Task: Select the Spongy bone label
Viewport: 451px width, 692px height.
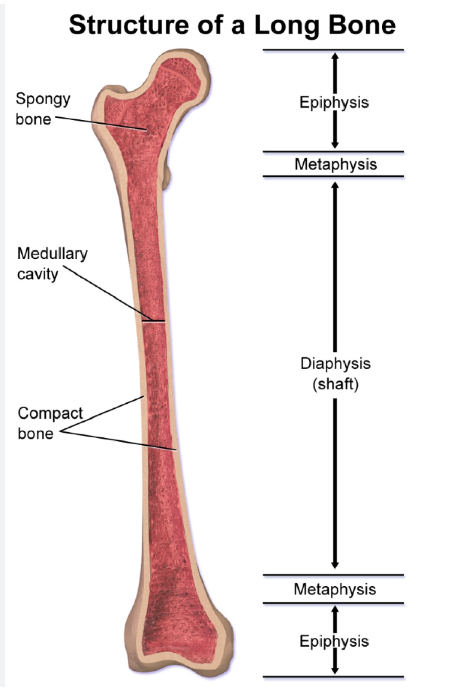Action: [x=43, y=109]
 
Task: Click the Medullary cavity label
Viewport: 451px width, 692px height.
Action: [x=52, y=264]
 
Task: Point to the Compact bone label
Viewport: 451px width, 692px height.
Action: [x=50, y=423]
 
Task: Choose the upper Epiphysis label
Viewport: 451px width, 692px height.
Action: [x=334, y=102]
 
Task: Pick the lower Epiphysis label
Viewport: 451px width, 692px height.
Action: [x=334, y=641]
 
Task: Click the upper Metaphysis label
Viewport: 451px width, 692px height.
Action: [x=335, y=164]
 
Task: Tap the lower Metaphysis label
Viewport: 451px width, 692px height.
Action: [x=335, y=589]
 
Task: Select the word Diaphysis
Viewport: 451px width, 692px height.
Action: [x=335, y=364]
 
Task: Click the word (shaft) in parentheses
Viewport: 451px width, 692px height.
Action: [x=335, y=384]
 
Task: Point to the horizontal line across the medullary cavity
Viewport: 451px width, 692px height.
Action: [x=153, y=321]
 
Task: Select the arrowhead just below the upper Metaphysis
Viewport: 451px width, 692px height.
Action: [x=335, y=185]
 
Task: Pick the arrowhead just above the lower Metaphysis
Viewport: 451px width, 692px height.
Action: [x=335, y=564]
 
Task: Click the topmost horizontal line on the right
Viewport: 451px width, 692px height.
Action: [x=333, y=50]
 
